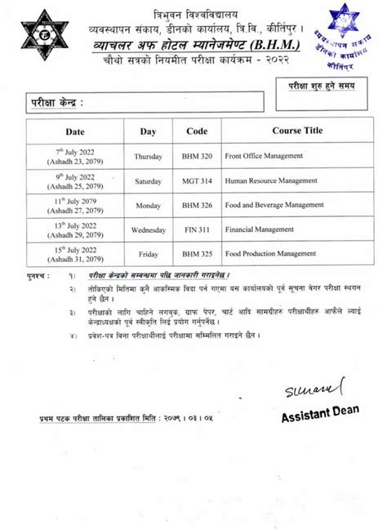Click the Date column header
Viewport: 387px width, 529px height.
75,131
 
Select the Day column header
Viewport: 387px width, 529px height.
148,131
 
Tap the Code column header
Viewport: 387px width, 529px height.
197,131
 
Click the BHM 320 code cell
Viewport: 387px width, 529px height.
197,154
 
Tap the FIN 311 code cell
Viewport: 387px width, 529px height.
197,230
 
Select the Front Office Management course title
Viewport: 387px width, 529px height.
267,154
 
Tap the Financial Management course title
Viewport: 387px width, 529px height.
260,230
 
